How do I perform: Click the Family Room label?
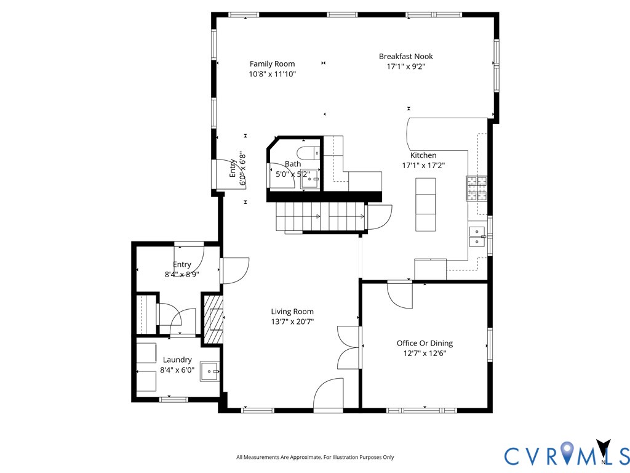[272, 63]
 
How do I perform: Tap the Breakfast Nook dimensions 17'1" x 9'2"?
[406, 67]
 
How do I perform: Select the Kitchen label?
[423, 155]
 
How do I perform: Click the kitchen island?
[426, 204]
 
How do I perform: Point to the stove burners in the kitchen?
[477, 188]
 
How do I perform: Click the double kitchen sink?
[477, 236]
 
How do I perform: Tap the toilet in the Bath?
[308, 153]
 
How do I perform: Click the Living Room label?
[292, 311]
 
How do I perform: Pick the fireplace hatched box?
[212, 320]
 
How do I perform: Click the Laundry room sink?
[209, 371]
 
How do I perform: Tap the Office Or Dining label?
[425, 343]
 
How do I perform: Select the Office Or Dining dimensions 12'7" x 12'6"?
[425, 354]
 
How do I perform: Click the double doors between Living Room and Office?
[348, 347]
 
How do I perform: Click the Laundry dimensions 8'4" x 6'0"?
[177, 370]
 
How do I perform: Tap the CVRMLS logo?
[567, 454]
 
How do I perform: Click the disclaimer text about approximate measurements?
[315, 458]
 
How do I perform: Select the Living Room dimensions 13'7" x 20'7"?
[292, 321]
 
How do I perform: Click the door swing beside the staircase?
[379, 217]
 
